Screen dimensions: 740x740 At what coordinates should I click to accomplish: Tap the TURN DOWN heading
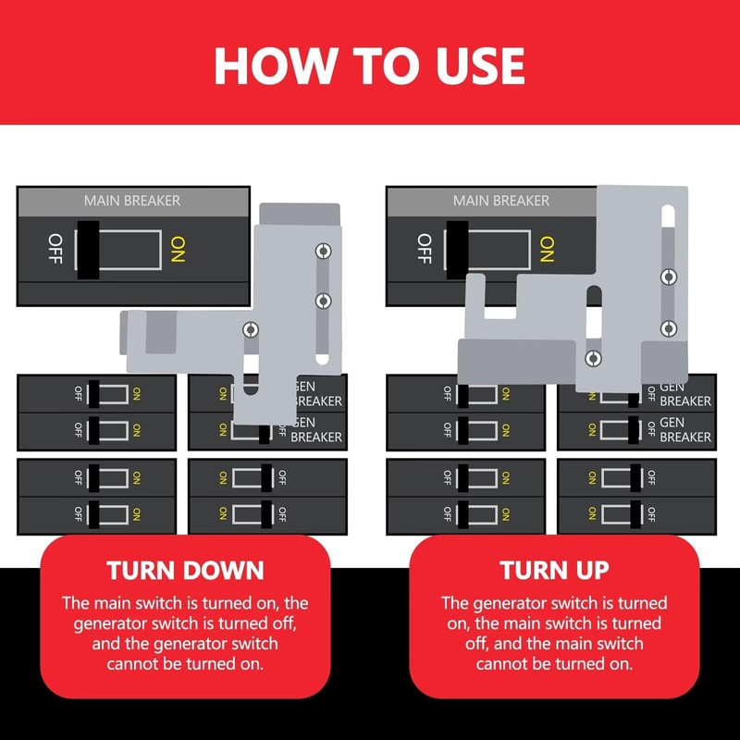185,570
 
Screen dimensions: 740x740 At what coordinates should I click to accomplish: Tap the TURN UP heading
554,570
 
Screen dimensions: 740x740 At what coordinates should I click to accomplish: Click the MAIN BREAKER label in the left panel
132,201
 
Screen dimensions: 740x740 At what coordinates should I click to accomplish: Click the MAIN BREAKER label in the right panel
501,201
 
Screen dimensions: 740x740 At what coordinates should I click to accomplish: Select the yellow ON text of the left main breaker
178,250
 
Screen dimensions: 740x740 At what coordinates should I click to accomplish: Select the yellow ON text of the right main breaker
547,250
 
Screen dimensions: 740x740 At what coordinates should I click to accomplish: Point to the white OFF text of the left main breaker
55,249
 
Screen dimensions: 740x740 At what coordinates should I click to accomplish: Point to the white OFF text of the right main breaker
425,249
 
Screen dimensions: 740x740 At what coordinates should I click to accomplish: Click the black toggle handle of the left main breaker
88,250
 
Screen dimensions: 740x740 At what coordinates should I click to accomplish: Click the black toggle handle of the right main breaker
457,250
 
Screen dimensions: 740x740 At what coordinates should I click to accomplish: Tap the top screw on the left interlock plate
323,251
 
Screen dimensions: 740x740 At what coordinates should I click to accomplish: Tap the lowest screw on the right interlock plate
593,358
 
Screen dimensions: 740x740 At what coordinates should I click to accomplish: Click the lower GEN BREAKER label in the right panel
685,429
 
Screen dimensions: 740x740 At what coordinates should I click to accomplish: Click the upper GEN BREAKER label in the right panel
685,395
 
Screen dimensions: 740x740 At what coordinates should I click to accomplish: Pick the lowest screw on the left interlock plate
251,329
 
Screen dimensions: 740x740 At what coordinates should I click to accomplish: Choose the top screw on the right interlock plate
669,277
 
